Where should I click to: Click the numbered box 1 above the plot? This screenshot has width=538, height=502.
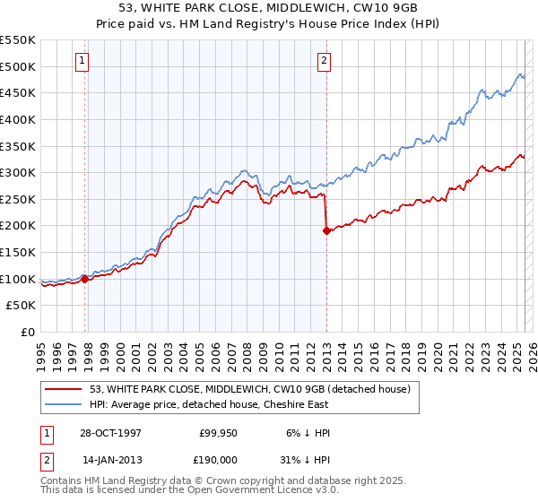pos(82,61)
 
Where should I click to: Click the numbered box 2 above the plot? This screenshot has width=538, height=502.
pos(324,61)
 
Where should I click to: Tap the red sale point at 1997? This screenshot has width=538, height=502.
pos(85,279)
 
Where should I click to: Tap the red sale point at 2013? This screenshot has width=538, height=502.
pos(326,230)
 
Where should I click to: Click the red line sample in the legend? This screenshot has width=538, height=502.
pos(64,389)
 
